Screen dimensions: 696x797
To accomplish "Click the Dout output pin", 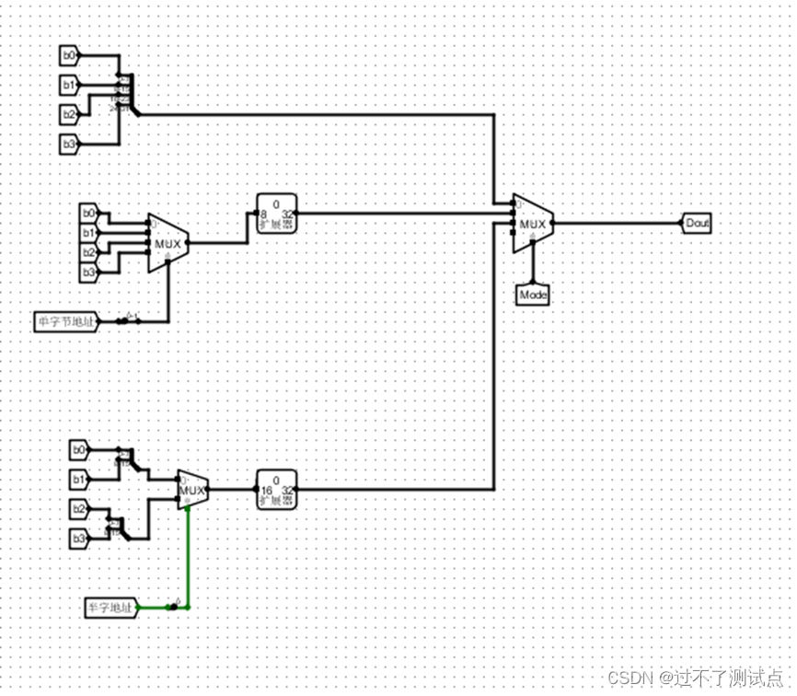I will [x=697, y=223].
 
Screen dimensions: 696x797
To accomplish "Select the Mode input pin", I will [x=533, y=295].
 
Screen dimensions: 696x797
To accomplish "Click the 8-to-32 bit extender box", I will [x=276, y=214].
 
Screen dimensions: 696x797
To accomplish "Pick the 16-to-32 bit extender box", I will [x=276, y=490].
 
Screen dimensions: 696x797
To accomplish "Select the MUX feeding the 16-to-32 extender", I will [x=191, y=490].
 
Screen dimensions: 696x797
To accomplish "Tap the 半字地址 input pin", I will [x=110, y=607].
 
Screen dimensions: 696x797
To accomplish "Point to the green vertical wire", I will [x=189, y=552].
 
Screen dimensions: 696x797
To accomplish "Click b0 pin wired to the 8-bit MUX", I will [x=88, y=214].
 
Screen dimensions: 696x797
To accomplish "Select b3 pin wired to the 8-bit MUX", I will [x=88, y=272].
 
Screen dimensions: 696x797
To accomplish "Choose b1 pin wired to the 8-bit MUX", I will [x=88, y=233].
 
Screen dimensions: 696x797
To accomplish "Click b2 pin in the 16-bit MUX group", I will [x=80, y=508].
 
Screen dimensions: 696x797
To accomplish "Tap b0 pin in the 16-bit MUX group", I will [x=80, y=450].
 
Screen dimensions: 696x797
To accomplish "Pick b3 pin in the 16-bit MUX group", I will [x=80, y=537].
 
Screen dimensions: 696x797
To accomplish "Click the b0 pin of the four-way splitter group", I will [x=69, y=56].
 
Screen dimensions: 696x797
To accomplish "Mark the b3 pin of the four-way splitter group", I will [x=69, y=144].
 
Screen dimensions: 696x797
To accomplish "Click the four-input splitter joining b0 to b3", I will [x=124, y=95].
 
